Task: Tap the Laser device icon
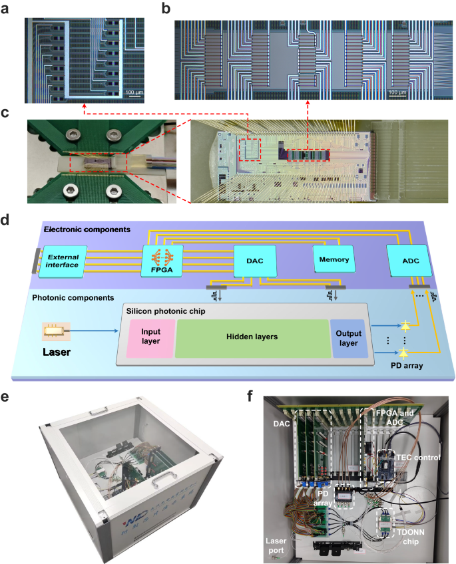57,328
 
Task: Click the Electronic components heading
86,230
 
